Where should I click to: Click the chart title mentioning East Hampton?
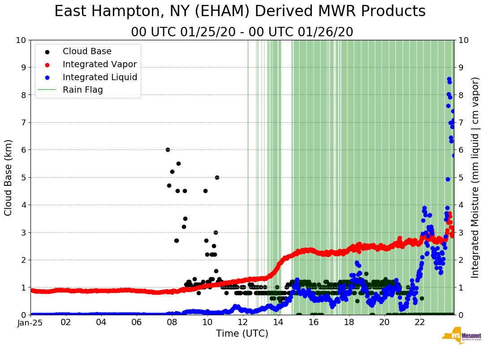pyautogui.click(x=240, y=12)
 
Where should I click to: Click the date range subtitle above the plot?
pyautogui.click(x=242, y=32)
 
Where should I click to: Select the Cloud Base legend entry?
pyautogui.click(x=87, y=51)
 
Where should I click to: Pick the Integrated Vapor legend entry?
pyautogui.click(x=99, y=64)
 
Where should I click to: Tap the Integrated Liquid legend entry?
pyautogui.click(x=100, y=77)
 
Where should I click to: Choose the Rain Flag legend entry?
pyautogui.click(x=83, y=90)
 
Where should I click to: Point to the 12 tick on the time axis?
pyautogui.click(x=242, y=322)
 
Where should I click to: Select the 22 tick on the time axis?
pyautogui.click(x=419, y=322)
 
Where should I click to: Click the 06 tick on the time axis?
pyautogui.click(x=137, y=322)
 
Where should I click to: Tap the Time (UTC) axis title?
pyautogui.click(x=242, y=334)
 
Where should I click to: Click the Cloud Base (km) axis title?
pyautogui.click(x=9, y=177)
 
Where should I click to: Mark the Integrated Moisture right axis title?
pyautogui.click(x=475, y=177)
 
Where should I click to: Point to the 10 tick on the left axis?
pyautogui.click(x=21, y=40)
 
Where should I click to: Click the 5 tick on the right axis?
pyautogui.click(x=460, y=177)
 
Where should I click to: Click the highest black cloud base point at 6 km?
pyautogui.click(x=168, y=150)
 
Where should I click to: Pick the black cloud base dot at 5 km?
pyautogui.click(x=217, y=177)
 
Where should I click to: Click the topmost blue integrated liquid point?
pyautogui.click(x=449, y=79)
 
